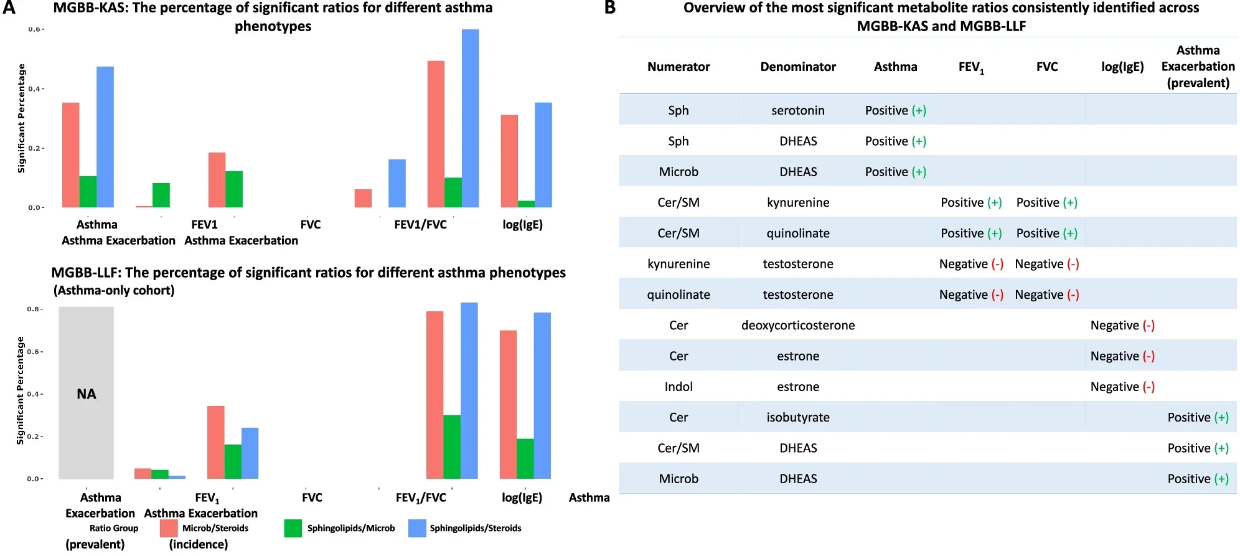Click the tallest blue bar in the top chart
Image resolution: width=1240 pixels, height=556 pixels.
pos(470,118)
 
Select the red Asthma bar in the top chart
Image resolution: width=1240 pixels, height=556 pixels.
pos(70,155)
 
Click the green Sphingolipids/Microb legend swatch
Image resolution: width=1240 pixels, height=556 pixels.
pos(293,528)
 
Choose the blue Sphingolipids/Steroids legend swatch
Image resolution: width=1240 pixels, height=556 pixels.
pos(417,528)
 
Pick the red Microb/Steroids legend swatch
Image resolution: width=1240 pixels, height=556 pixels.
pos(169,528)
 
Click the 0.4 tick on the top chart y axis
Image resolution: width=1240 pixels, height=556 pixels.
pos(36,89)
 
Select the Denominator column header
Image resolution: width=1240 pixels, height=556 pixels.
pos(797,67)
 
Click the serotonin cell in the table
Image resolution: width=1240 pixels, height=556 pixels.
pos(797,110)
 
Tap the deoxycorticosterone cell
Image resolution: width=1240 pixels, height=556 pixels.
pos(797,325)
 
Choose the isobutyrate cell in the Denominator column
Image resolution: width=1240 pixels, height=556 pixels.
pos(797,417)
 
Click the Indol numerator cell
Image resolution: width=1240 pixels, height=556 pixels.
pos(678,387)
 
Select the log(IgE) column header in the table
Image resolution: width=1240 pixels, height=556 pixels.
pos(1122,67)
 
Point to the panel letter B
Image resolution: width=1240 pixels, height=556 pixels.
pos(609,8)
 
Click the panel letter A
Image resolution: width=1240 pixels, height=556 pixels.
pos(9,8)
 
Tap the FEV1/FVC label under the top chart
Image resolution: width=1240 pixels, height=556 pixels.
pos(420,225)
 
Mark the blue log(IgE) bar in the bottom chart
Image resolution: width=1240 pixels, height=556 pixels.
pos(542,395)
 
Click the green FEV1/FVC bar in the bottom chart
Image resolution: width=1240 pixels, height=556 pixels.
pos(451,446)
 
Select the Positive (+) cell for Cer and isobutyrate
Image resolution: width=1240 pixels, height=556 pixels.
pos(1197,417)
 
